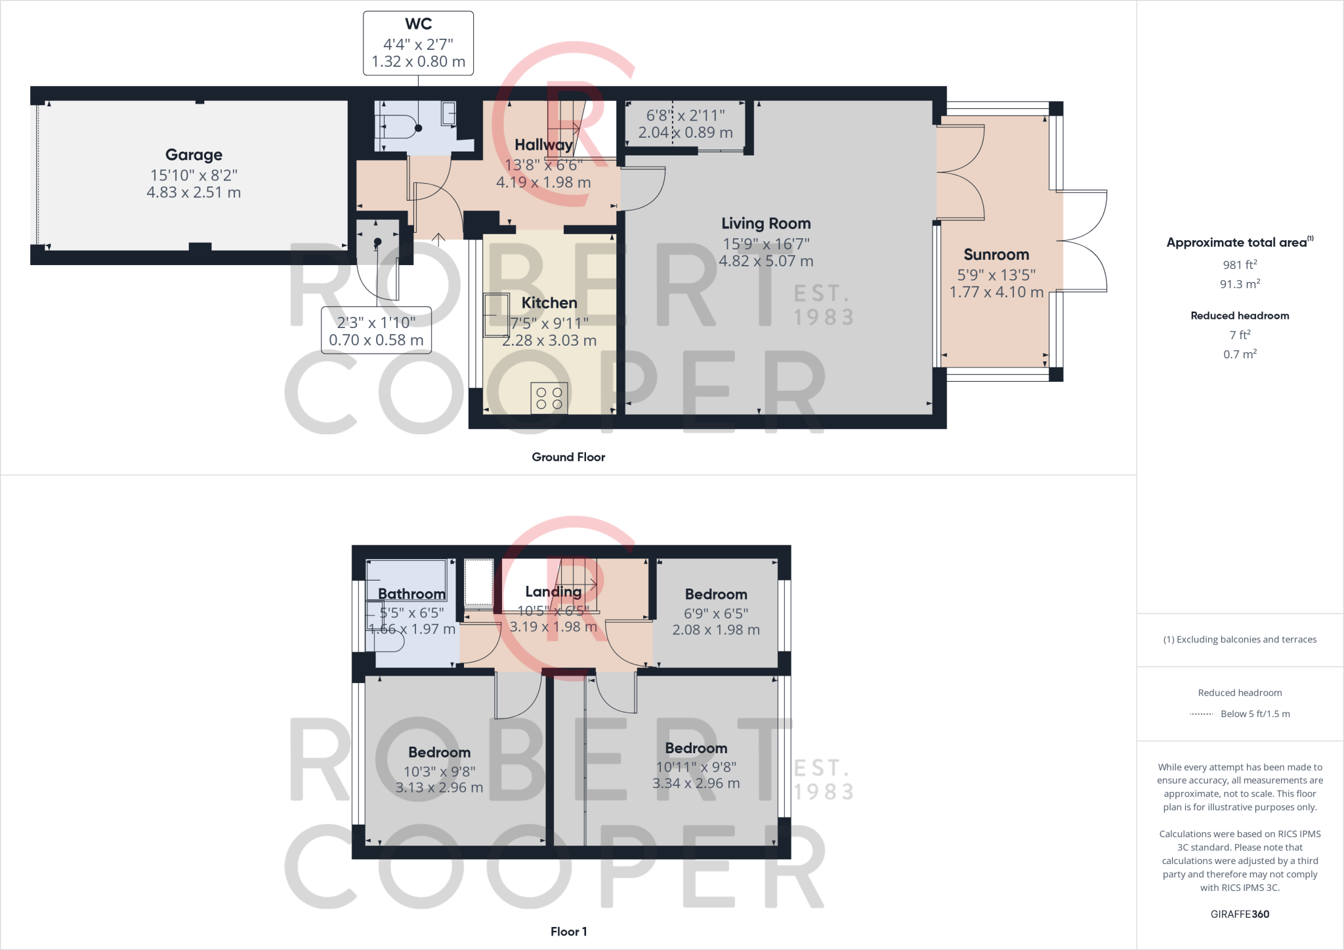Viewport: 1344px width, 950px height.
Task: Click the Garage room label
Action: [x=194, y=155]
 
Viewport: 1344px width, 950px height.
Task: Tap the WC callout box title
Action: [x=418, y=24]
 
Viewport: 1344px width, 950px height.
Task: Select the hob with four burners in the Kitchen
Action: [x=549, y=398]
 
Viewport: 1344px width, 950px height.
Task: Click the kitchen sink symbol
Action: [x=496, y=315]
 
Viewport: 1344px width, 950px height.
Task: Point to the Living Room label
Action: [x=766, y=224]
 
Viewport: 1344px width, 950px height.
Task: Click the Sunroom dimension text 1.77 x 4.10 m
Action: [x=996, y=293]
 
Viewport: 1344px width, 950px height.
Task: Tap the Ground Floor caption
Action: [x=568, y=457]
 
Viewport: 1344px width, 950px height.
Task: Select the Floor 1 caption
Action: [x=568, y=932]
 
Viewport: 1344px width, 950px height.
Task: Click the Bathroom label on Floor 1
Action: [x=411, y=594]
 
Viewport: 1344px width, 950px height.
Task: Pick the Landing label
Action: [x=553, y=592]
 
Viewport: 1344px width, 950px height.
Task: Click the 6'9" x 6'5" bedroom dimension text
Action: [x=716, y=613]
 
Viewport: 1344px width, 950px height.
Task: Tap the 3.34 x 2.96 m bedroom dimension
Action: [x=696, y=783]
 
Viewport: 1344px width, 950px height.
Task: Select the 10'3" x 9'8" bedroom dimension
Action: [x=439, y=772]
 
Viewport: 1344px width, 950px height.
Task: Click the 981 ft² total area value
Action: [x=1240, y=265]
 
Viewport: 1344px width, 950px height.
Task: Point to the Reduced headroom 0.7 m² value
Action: [x=1240, y=354]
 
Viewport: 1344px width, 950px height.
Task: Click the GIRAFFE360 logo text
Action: [x=1240, y=914]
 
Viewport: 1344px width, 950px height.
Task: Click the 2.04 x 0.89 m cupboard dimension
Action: [x=685, y=133]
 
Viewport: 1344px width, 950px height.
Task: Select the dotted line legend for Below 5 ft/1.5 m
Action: [x=1201, y=714]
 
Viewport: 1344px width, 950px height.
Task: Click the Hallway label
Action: [x=543, y=145]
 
